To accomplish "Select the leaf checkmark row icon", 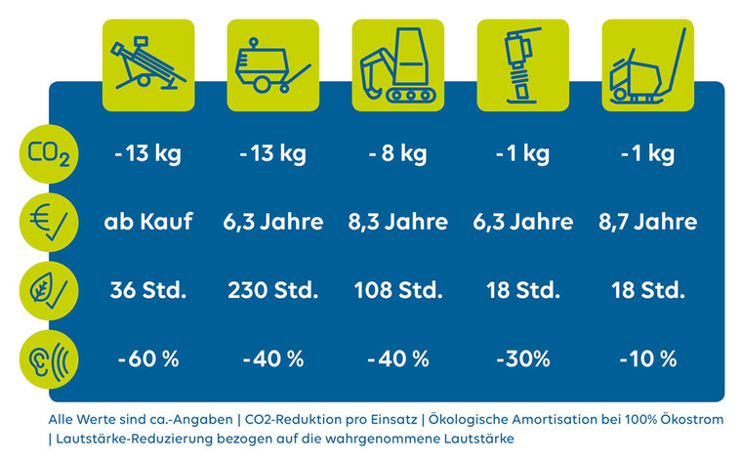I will point(48,291).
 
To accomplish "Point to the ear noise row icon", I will point(48,358).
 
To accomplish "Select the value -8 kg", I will point(397,154).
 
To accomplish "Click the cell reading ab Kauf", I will point(148,222).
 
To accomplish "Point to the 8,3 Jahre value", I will point(397,222).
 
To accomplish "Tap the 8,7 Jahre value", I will point(647,222).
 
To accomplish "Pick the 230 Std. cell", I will point(273,290).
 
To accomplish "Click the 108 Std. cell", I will point(397,290).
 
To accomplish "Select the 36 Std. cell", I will point(148,290).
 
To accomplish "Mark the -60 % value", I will point(148,358).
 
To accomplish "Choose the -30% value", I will point(522,358).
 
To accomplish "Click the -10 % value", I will point(647,358).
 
